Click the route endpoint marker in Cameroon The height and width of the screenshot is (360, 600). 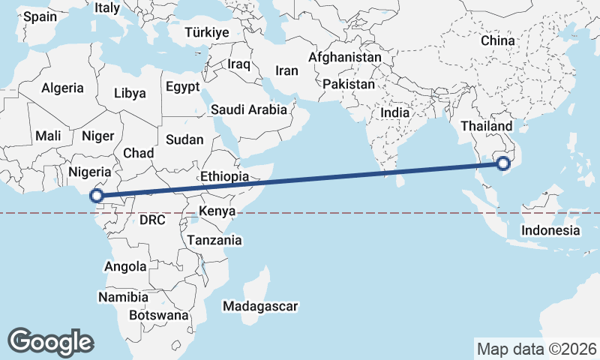[x=97, y=196]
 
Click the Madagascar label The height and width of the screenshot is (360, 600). [x=260, y=306]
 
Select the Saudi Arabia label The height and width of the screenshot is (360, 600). [x=248, y=109]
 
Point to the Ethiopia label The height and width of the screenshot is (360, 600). [x=224, y=175]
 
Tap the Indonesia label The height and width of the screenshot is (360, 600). [x=550, y=230]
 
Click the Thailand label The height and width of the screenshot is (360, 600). [x=487, y=126]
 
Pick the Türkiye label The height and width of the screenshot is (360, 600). [x=208, y=32]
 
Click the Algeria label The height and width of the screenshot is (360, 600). [x=62, y=88]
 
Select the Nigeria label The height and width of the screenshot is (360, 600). [x=90, y=172]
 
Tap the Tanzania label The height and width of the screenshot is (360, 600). [x=214, y=241]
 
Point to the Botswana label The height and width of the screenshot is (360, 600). [x=158, y=316]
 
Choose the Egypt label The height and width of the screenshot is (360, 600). [x=183, y=86]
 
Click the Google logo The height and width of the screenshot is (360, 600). [x=50, y=341]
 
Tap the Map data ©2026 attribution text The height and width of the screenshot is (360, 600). [x=536, y=349]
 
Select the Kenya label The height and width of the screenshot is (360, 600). [x=217, y=211]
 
